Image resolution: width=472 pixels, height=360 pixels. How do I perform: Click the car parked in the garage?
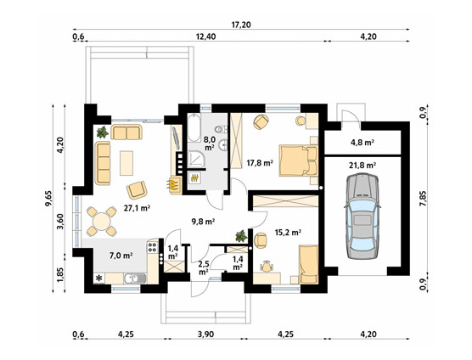tap(362, 216)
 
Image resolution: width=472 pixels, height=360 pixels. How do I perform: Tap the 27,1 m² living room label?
tap(137, 208)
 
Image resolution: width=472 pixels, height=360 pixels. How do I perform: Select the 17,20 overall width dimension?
tap(241, 25)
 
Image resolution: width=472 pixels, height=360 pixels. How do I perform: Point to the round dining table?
tap(102, 222)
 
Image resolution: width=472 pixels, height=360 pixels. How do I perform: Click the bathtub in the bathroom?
tap(194, 128)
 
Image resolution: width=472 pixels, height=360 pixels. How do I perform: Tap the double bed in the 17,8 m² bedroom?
tap(299, 160)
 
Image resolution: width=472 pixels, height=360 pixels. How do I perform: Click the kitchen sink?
tap(135, 278)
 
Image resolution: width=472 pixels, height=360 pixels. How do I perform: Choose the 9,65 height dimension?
tap(48, 199)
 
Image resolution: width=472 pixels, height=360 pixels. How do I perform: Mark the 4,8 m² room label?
tap(362, 142)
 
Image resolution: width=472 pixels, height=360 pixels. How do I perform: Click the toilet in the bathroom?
tap(221, 129)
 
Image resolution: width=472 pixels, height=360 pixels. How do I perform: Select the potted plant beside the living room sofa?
tap(103, 132)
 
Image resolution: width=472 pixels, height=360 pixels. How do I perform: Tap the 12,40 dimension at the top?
tap(205, 37)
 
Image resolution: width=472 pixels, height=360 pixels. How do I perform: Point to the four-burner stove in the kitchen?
tap(152, 247)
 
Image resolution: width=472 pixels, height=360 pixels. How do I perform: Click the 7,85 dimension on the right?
tap(424, 199)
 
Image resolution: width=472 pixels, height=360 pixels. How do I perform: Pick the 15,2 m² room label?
tap(289, 232)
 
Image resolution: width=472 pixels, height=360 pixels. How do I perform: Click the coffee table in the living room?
tap(126, 163)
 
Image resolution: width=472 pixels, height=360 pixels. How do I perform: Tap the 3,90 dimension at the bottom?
tap(206, 335)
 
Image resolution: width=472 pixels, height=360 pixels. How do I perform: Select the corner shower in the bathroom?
tap(197, 160)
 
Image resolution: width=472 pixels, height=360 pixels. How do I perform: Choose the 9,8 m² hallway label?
tap(203, 222)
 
